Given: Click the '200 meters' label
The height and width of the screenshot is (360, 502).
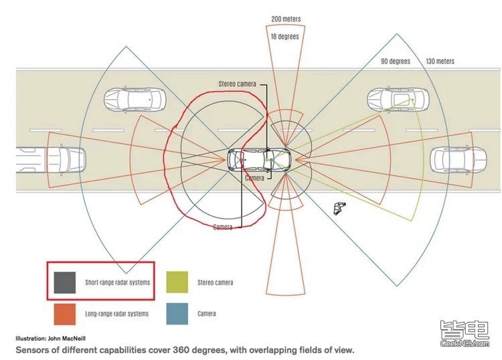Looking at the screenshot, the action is pyautogui.click(x=286, y=19).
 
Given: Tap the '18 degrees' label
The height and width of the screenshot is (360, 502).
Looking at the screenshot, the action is pyautogui.click(x=284, y=37).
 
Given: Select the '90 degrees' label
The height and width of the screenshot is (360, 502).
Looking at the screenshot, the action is pyautogui.click(x=396, y=61).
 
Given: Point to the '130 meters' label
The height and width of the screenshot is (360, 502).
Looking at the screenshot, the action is pyautogui.click(x=440, y=61).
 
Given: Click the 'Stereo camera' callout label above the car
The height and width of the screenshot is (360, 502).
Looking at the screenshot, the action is pyautogui.click(x=237, y=84).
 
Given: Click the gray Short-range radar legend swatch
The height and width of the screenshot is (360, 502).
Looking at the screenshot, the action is pyautogui.click(x=65, y=282).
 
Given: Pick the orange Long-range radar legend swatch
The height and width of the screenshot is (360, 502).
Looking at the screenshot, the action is pyautogui.click(x=65, y=314).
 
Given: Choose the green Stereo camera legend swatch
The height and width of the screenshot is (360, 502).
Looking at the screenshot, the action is pyautogui.click(x=177, y=282).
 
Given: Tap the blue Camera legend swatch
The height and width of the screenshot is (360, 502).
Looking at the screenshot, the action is pyautogui.click(x=177, y=314).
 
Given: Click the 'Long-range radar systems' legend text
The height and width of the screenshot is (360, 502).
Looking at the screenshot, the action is pyautogui.click(x=116, y=314).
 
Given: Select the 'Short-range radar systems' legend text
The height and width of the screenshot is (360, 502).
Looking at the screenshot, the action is pyautogui.click(x=118, y=282).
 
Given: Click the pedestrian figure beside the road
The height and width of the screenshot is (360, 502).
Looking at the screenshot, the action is pyautogui.click(x=339, y=207).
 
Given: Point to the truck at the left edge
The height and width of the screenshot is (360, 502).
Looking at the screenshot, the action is pyautogui.click(x=51, y=159).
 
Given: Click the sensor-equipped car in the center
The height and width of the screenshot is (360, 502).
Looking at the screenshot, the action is pyautogui.click(x=259, y=159).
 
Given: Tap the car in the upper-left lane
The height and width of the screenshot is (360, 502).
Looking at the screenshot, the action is pyautogui.click(x=135, y=99).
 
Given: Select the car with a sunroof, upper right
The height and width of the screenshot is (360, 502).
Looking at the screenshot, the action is pyautogui.click(x=398, y=99).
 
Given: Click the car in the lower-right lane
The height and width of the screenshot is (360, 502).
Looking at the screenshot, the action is pyautogui.click(x=458, y=160).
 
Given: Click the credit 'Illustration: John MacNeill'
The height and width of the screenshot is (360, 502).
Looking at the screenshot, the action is pyautogui.click(x=51, y=338).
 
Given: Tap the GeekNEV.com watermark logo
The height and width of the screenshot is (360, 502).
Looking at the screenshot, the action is pyautogui.click(x=465, y=334).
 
